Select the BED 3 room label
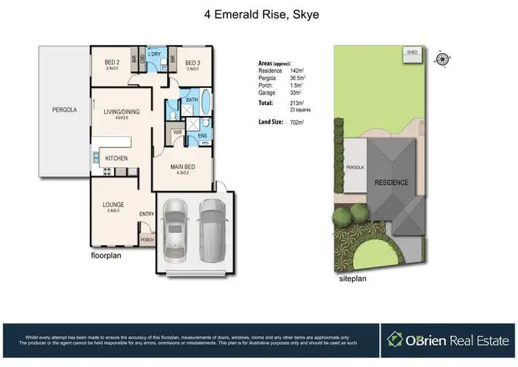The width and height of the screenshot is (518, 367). coord(193,61)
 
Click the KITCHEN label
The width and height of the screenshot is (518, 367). coord(116,159)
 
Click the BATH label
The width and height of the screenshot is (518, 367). coord(190,101)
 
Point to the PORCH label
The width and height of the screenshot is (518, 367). coord(147,240)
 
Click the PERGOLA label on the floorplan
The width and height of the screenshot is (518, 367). coord(64,110)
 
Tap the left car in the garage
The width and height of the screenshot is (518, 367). coord(175,229)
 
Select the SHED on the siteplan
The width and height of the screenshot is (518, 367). coord(412,53)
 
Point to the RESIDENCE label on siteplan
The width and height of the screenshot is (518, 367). coord(391,183)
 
